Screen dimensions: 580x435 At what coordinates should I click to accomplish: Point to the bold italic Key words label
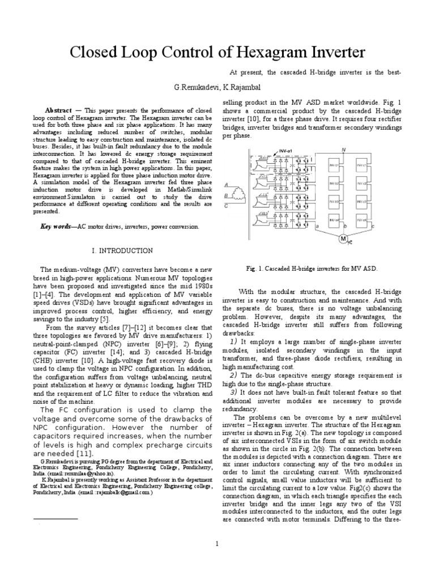(58, 227)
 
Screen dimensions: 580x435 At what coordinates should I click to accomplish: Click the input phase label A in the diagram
(227, 185)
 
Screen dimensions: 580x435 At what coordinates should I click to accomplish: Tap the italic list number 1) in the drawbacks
(233, 342)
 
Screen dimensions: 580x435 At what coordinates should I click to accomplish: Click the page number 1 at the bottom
(217, 544)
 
